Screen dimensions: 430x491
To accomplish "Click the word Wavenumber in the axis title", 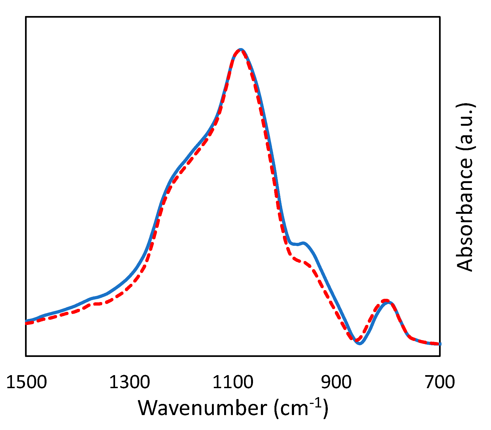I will [203, 408].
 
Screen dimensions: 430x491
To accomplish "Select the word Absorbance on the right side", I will [465, 215].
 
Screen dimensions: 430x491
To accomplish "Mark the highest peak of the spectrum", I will [241, 50].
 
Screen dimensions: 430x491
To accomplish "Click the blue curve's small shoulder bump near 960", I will [303, 243].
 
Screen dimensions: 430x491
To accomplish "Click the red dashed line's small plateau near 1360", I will [98, 304].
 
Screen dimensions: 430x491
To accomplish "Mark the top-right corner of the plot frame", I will [440, 17].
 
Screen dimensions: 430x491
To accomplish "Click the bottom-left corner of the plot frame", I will [26, 356].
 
